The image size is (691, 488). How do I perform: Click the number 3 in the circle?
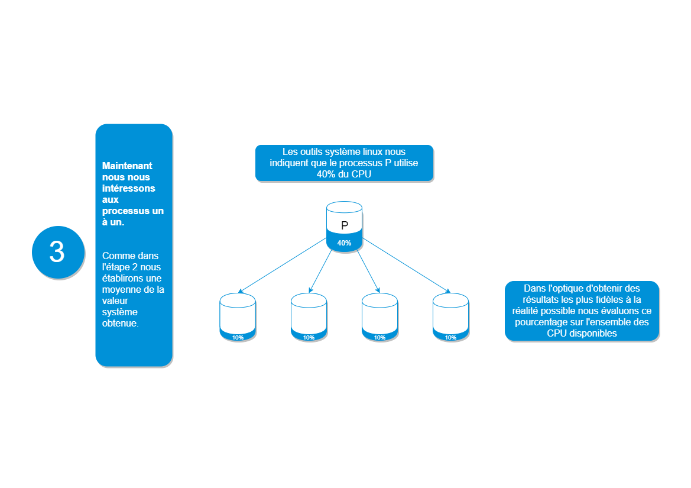pos(57,252)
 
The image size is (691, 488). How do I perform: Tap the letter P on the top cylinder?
pos(345,225)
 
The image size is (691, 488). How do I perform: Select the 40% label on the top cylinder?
pos(344,243)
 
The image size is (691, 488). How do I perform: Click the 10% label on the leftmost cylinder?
pos(238,338)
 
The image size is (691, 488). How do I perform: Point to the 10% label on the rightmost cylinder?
pos(450,338)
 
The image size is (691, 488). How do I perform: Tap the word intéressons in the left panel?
pos(129,188)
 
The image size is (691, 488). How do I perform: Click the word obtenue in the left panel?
pos(120,324)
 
